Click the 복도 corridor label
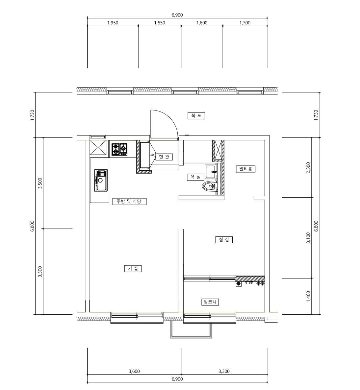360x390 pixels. point(196,116)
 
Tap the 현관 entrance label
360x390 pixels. point(164,157)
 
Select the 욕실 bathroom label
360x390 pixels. point(195,177)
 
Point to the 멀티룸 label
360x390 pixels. point(246,169)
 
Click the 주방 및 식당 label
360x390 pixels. point(129,201)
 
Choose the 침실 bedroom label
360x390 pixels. point(224,240)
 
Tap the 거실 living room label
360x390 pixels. point(133,269)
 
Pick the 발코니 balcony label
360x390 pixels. point(210,302)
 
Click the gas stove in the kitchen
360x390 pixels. point(119,149)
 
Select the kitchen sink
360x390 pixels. point(101,180)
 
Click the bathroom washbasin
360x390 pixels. point(211,171)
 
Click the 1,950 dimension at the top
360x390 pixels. point(113,23)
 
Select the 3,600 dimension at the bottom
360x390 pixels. point(134,371)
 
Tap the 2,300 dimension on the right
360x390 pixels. point(308,168)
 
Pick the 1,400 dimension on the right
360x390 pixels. point(308,296)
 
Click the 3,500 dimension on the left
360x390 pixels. point(40,183)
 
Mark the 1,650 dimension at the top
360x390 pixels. point(160,23)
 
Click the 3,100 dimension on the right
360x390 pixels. point(308,238)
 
